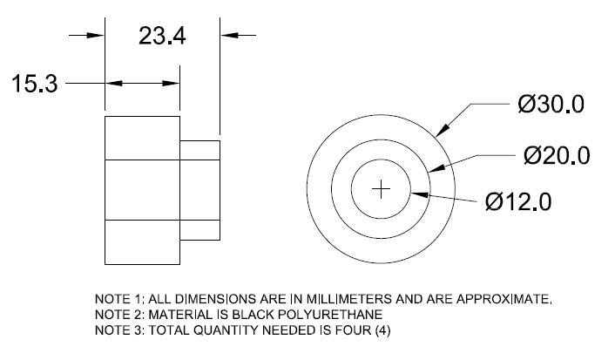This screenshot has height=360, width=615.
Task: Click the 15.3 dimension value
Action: (x=34, y=85)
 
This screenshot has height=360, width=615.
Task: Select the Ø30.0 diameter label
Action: (x=550, y=105)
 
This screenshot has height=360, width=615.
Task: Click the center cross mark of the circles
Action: (x=381, y=189)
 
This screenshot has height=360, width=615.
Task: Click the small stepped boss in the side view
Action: (x=200, y=189)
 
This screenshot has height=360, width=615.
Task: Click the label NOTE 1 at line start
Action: (x=116, y=299)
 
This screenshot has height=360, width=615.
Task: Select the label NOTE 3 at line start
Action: (x=116, y=329)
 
